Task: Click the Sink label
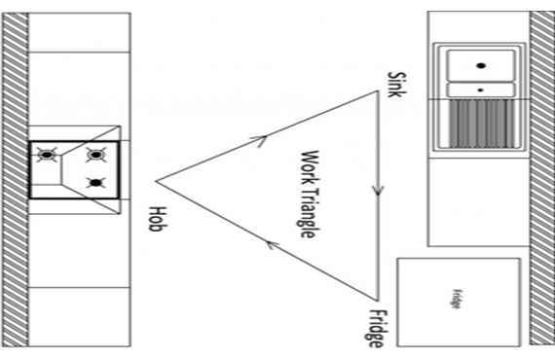[x=397, y=85]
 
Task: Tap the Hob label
[x=157, y=219]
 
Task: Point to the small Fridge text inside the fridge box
[x=457, y=300]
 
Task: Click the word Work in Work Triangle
[x=310, y=167]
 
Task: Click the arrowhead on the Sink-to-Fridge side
[x=378, y=192]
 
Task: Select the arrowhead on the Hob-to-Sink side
[x=261, y=140]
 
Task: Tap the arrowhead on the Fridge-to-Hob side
[x=272, y=244]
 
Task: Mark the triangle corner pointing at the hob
[x=156, y=181]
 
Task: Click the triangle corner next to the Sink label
[x=378, y=91]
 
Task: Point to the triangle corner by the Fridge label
[x=378, y=301]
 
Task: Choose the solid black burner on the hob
[x=96, y=183]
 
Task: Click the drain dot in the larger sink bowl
[x=481, y=65]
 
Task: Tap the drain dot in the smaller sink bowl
[x=480, y=90]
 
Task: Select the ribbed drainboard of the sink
[x=481, y=124]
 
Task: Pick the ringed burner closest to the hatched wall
[x=47, y=155]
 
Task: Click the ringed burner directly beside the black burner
[x=95, y=155]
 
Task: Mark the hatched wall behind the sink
[x=542, y=178]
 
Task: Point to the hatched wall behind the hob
[x=16, y=179]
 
